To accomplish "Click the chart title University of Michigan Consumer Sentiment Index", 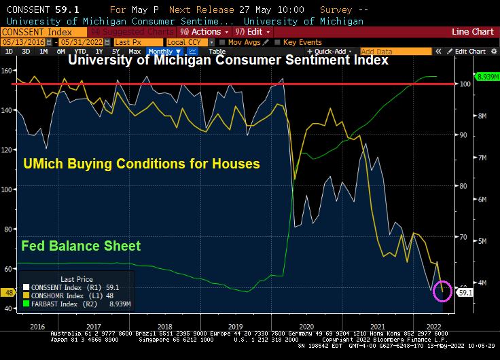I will click(x=228, y=60).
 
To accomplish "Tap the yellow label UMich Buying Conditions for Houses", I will click(x=141, y=164).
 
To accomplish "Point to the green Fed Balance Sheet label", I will click(x=81, y=246).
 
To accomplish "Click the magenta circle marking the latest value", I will click(x=442, y=290).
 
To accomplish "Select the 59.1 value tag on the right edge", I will click(x=465, y=292).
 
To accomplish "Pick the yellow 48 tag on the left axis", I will click(x=8, y=293).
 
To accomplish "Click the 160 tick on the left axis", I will click(x=7, y=71).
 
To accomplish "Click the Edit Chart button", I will click(x=470, y=52).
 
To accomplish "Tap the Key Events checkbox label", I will click(x=302, y=42).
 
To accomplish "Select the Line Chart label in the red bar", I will click(x=472, y=32).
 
